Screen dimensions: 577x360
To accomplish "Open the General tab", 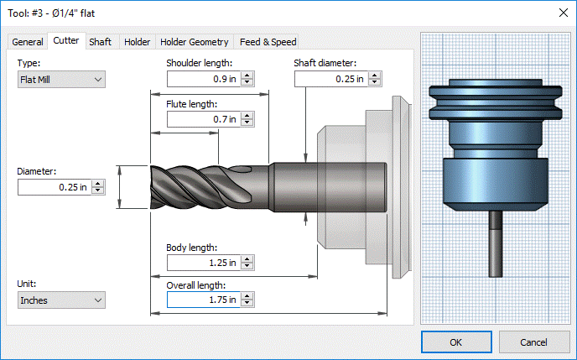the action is click(27, 42).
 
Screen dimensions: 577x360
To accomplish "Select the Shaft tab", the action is click(100, 42).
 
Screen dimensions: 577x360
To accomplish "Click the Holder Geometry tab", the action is click(195, 42).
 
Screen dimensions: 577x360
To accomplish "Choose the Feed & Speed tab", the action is click(268, 42).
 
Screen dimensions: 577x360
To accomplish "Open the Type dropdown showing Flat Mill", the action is click(61, 80).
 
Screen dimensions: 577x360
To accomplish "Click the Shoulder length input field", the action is click(204, 79).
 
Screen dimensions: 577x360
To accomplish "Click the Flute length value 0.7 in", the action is click(204, 119).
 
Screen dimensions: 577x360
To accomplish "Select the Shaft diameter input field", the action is click(330, 79).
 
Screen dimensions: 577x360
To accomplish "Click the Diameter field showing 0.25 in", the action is click(54, 187).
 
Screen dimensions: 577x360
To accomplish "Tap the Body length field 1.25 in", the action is click(204, 263).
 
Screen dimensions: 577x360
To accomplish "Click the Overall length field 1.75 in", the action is click(204, 300).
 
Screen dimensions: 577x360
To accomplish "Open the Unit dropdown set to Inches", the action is click(61, 300).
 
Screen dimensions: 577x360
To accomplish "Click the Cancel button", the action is click(534, 342).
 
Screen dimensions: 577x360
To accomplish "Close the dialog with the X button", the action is click(563, 13).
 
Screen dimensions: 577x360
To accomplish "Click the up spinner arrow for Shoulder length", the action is click(247, 75).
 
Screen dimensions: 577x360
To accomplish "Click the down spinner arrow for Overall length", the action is click(247, 303).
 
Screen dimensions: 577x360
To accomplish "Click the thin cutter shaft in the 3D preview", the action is click(496, 243).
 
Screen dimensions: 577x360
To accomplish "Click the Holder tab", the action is click(137, 42).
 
